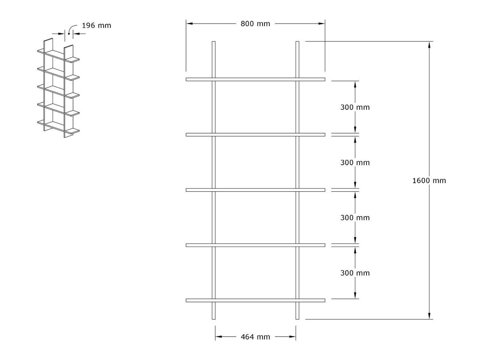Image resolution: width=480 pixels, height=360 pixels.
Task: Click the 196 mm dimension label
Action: [96, 26]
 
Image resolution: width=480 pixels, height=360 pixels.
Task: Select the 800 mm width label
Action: [255, 24]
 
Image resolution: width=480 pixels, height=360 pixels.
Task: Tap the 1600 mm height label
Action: [429, 181]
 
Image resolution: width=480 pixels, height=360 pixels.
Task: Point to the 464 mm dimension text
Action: [255, 337]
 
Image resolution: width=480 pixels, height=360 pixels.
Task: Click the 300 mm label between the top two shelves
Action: [355, 107]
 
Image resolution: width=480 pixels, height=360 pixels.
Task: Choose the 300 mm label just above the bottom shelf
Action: [355, 273]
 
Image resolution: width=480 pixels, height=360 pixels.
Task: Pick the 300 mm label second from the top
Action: [355, 162]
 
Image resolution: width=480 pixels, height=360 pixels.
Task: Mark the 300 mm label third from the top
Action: [355, 218]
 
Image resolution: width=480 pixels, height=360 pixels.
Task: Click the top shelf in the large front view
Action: [255, 79]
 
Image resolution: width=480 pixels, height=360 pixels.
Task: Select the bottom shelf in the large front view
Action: [255, 300]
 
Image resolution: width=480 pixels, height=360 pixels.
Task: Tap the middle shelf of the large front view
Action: [255, 190]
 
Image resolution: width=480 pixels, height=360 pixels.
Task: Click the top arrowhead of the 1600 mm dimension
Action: [429, 44]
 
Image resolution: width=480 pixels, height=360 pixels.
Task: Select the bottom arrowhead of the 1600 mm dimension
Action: [429, 316]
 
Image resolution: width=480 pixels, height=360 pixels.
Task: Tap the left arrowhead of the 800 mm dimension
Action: [189, 24]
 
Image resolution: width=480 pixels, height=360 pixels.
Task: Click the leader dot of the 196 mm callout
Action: [69, 34]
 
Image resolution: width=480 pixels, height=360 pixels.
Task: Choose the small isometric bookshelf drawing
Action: [59, 89]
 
